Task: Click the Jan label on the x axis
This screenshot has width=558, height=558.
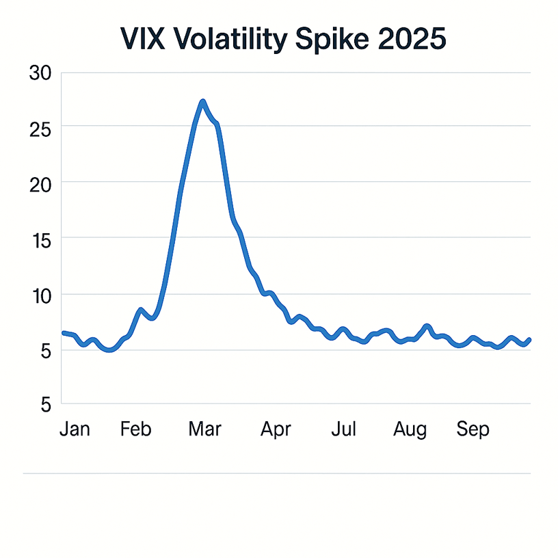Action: pos(75,429)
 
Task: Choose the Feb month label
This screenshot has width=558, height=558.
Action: pos(135,429)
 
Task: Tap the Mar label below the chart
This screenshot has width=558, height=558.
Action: pos(204,429)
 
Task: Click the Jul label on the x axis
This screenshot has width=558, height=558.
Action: pos(344,429)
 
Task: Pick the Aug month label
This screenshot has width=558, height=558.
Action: pos(410,429)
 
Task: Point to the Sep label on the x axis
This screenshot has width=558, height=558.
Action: pos(473,429)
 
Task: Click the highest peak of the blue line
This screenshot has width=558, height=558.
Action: pos(202,102)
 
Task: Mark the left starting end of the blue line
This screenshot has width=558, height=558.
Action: pos(64,333)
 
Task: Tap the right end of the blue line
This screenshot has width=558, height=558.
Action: pos(530,340)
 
